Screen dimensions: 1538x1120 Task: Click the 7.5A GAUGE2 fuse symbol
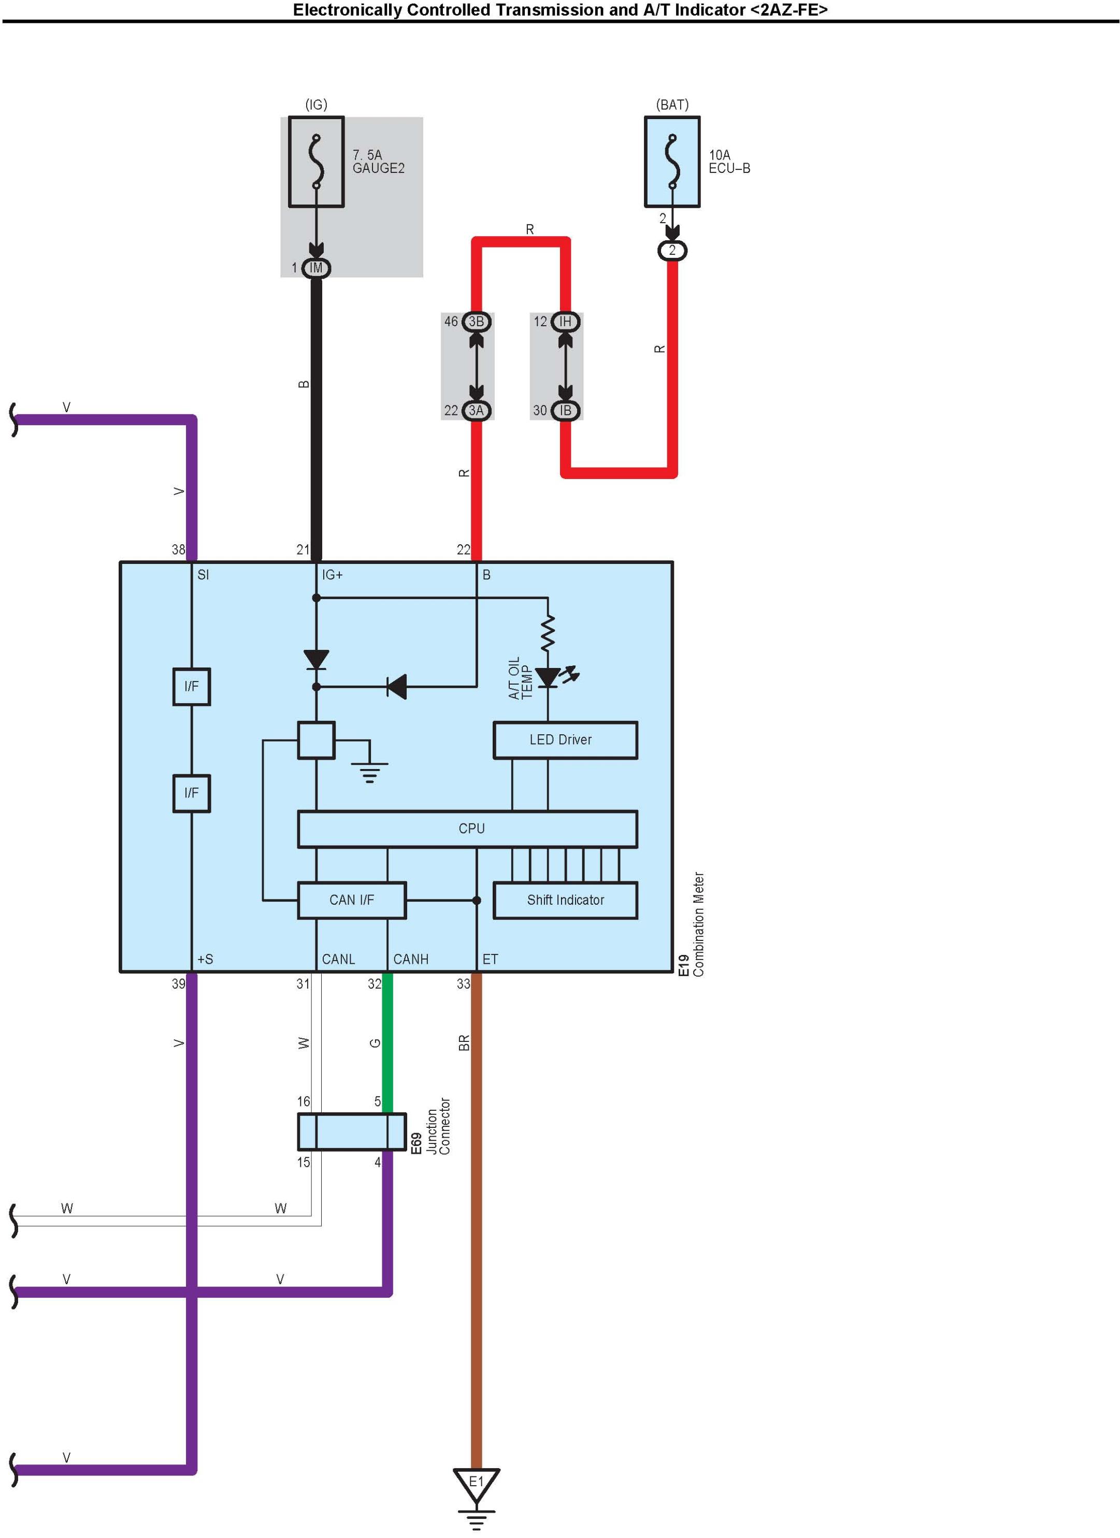pos(316,162)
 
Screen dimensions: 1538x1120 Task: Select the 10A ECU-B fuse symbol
pos(671,162)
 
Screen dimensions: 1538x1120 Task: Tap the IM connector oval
pos(316,268)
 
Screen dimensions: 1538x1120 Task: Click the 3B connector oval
pos(476,322)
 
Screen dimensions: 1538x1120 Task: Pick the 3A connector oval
pos(476,410)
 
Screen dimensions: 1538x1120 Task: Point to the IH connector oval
pos(565,322)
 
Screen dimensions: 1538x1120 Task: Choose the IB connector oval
pos(565,410)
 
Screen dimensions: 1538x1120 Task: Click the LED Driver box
pos(565,740)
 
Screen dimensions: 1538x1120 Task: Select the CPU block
pos(467,829)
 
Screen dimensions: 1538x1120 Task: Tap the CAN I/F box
pos(351,900)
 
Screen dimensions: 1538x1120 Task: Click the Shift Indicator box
pos(565,900)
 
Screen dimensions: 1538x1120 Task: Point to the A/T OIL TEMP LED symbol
pos(548,677)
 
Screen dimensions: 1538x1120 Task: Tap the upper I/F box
pos(191,686)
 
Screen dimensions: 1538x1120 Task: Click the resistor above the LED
pos(548,633)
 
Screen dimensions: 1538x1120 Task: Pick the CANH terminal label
pos(410,959)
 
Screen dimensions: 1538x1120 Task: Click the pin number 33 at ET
pos(463,984)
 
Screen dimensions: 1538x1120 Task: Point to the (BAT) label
pos(671,105)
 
